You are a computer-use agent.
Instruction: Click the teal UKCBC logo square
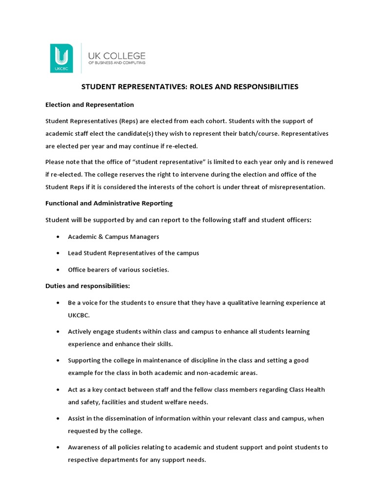coord(62,58)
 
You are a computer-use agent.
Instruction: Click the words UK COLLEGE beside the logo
coord(116,56)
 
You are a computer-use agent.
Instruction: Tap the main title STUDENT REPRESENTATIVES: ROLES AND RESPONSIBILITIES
coord(189,87)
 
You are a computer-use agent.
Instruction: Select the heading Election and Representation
coord(89,104)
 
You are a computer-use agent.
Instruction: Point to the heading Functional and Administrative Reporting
coord(109,203)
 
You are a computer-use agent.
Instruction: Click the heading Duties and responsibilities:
coord(87,286)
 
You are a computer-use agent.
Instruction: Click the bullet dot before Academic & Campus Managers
coord(58,237)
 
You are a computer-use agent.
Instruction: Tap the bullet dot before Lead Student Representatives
coord(58,253)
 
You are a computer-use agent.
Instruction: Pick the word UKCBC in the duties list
coord(79,315)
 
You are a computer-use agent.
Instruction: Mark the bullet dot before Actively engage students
coord(58,332)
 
